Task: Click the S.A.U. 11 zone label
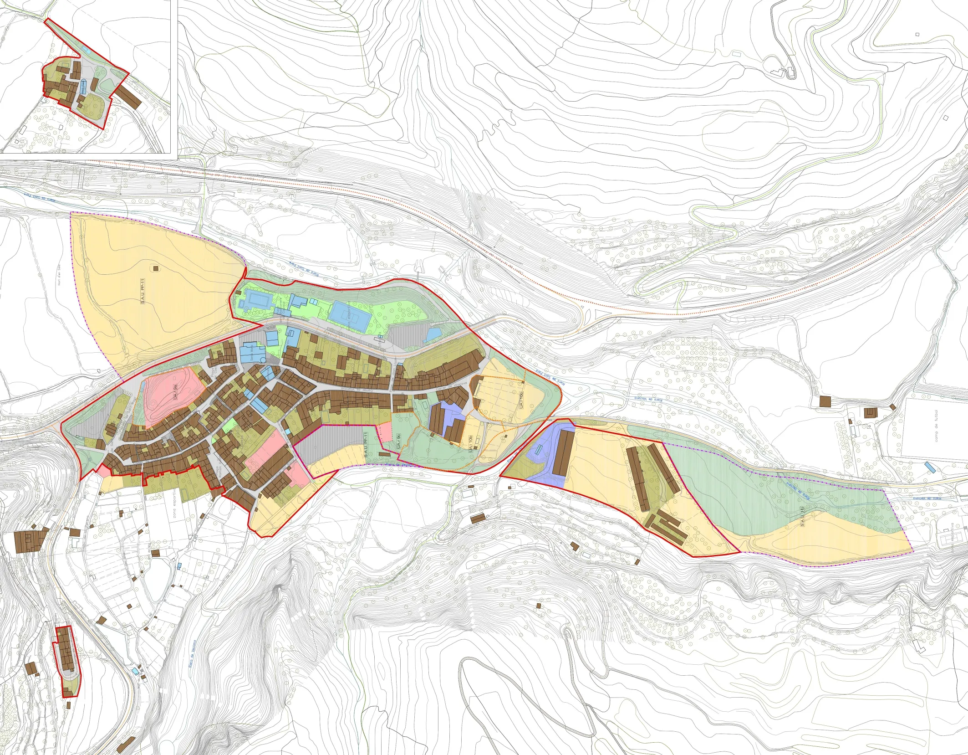tap(802, 518)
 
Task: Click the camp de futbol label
tap(936, 426)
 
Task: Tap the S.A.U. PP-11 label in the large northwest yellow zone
tap(143, 291)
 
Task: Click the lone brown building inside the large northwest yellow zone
tap(156, 268)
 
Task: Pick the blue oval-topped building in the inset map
tap(83, 86)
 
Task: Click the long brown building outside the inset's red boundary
tap(128, 95)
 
